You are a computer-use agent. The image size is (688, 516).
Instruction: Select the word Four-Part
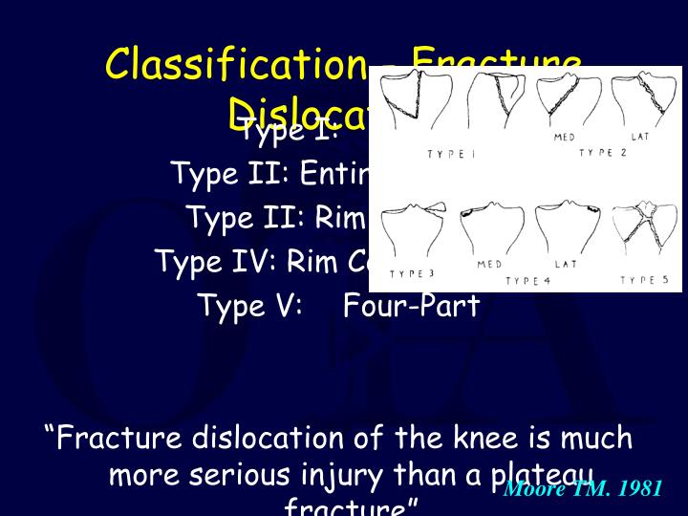pos(411,306)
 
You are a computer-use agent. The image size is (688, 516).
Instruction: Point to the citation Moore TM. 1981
pos(582,489)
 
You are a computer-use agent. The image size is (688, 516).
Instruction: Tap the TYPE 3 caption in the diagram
pos(411,274)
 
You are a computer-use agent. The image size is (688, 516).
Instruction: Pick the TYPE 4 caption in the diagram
pos(527,281)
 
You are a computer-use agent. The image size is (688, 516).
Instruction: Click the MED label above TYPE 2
pos(565,138)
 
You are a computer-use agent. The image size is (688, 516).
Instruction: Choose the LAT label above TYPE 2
pos(640,138)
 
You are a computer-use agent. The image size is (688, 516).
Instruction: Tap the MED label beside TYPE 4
pos(490,264)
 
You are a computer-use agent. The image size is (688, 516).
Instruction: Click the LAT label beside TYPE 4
pos(566,264)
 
